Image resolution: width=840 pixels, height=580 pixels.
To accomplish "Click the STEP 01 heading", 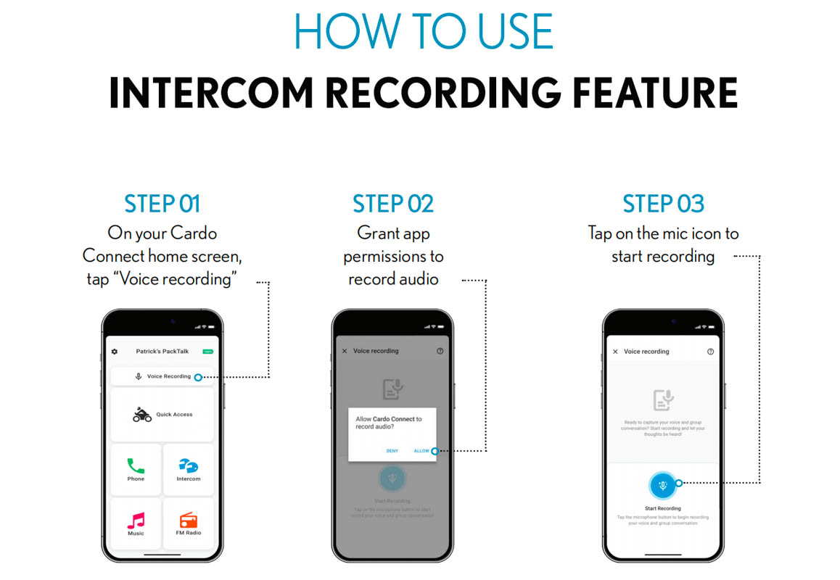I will (x=162, y=204).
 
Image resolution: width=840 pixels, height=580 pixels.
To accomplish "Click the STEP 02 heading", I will (x=393, y=204).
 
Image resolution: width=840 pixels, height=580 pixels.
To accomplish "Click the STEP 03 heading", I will (x=663, y=204).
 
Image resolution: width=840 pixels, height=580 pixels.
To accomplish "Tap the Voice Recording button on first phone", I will (x=162, y=376).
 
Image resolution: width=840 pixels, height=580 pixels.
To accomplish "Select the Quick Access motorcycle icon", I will (x=142, y=415).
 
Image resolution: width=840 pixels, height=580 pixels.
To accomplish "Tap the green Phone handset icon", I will (x=136, y=465).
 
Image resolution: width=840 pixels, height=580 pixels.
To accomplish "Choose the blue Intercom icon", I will (x=188, y=465).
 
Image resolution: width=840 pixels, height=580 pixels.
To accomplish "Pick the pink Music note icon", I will (x=136, y=520).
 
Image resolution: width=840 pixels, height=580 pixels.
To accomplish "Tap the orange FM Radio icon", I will (x=188, y=520).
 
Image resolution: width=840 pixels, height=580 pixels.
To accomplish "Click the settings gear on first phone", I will (x=114, y=352).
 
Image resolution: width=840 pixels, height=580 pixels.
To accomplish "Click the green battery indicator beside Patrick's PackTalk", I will (x=208, y=352).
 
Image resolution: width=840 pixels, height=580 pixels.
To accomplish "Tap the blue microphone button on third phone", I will (x=662, y=485).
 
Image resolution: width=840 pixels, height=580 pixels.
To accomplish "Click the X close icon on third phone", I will (x=615, y=352).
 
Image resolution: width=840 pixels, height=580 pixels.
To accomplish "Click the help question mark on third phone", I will (x=710, y=352).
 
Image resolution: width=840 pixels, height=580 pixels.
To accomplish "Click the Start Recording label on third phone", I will (x=662, y=508).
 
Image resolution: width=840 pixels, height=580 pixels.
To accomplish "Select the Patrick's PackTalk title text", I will (x=162, y=352).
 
